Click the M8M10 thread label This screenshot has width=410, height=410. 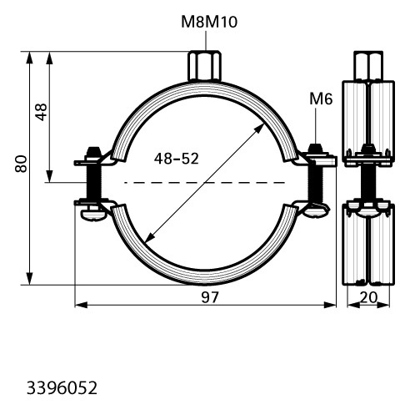pos(209,22)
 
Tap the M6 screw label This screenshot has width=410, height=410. pos(321,99)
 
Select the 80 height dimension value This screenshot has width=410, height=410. pos(21,164)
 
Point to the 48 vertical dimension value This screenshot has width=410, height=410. pos(41,112)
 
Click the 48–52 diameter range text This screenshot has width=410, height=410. pos(177,159)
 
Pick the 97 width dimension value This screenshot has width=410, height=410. pos(210,297)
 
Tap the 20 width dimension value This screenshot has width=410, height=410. pos(368,297)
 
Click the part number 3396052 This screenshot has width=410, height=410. pos(62,388)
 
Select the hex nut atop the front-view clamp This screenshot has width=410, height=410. pos(205,66)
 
